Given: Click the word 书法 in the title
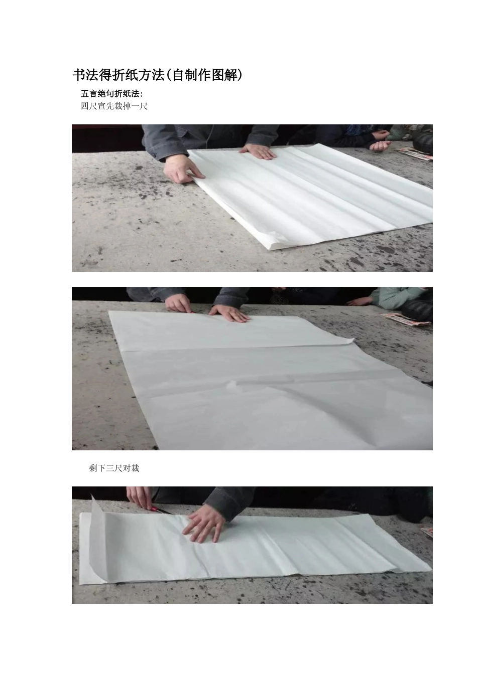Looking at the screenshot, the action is (x=85, y=75).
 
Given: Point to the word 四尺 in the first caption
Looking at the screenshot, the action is (x=89, y=106).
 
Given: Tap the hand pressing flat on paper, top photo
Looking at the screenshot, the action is (x=258, y=151).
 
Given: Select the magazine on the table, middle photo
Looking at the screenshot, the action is (x=405, y=318).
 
